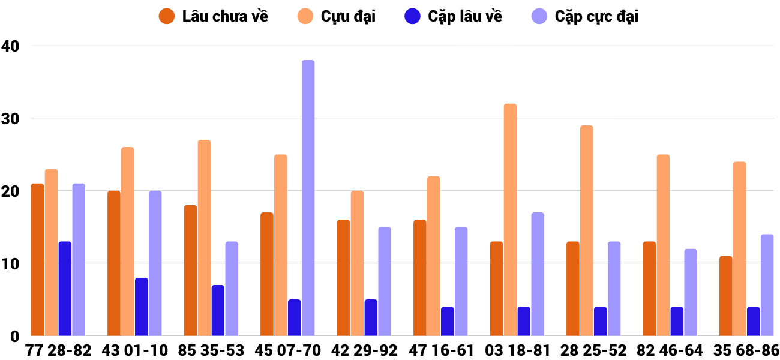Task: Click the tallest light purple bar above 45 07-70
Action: (x=308, y=198)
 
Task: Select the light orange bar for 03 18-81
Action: (x=510, y=220)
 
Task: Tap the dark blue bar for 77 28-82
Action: (x=65, y=289)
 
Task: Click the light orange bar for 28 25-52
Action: (x=586, y=230)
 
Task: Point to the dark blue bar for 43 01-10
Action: (x=141, y=307)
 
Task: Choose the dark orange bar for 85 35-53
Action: (x=190, y=270)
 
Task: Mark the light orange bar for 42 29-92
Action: (x=357, y=263)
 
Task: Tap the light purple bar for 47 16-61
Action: (x=461, y=281)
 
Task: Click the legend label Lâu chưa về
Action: (x=225, y=16)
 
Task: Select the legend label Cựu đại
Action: (x=347, y=16)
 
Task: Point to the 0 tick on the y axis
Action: (x=14, y=336)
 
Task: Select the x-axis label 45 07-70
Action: (x=287, y=350)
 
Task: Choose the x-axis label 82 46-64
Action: (x=670, y=350)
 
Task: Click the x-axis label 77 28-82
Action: (x=58, y=350)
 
